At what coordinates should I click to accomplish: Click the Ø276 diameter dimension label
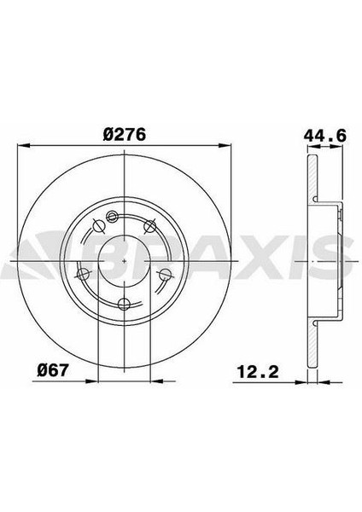coord(124,135)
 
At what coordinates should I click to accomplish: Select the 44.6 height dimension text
coord(324,135)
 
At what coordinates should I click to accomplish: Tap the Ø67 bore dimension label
coord(53,370)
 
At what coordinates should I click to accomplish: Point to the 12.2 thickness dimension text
coord(258,371)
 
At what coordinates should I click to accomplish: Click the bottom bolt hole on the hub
coord(124,304)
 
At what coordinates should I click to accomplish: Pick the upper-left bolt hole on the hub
coord(98,225)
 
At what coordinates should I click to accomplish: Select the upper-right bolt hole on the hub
coord(150,225)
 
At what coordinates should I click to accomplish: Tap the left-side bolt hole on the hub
coord(82,274)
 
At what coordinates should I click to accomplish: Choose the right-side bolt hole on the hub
coord(166,274)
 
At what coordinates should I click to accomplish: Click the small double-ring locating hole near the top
coord(112,216)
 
